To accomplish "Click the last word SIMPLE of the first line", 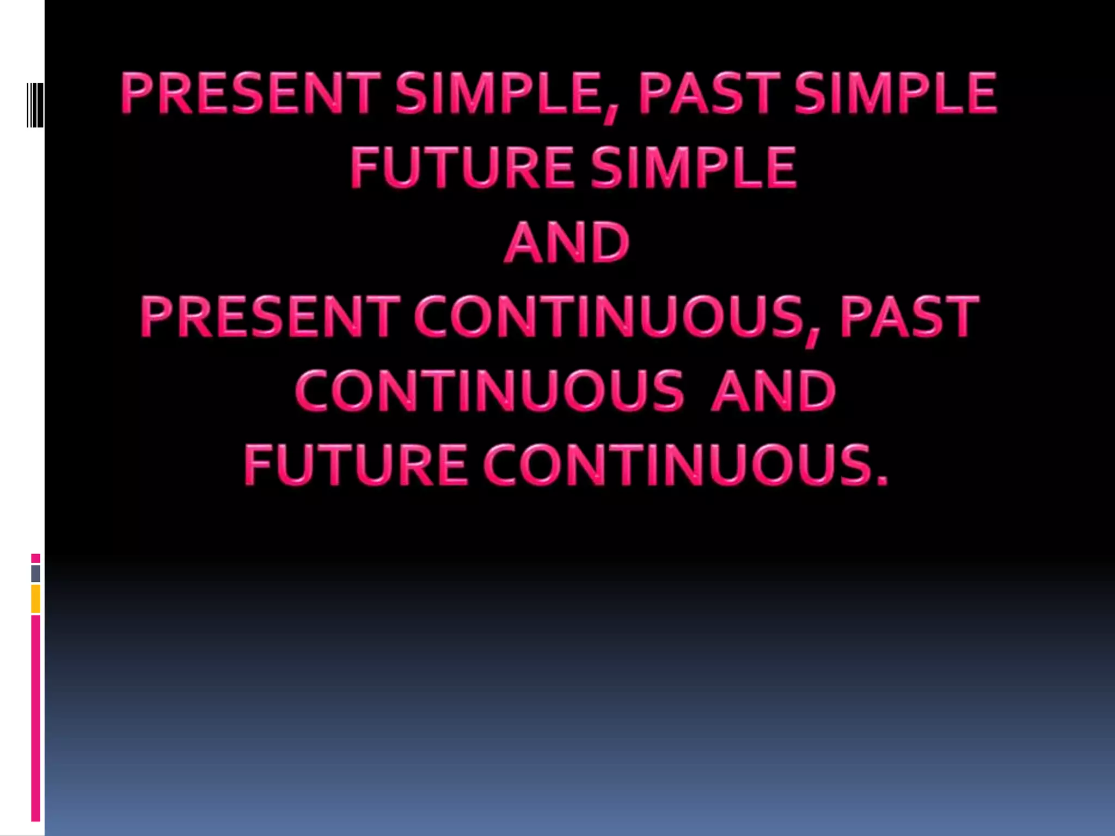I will click(x=896, y=93).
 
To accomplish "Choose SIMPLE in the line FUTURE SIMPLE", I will click(x=694, y=167).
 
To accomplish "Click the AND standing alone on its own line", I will click(x=567, y=242).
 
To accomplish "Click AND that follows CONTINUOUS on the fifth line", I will click(x=773, y=390).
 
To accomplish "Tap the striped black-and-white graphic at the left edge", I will click(x=35, y=105).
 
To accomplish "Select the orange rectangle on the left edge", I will click(x=35, y=599).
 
